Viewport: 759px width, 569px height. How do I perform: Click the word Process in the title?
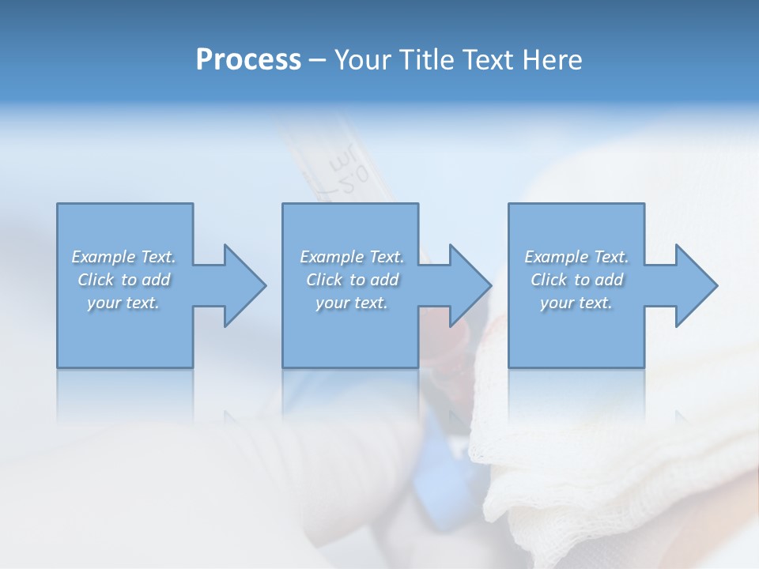(248, 60)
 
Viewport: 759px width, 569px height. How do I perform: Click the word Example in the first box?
(104, 257)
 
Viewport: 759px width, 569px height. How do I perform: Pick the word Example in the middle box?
(331, 257)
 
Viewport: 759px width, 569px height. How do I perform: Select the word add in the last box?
(610, 280)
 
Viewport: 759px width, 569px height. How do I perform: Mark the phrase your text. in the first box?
(123, 303)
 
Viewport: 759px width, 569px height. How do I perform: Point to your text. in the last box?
(576, 303)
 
